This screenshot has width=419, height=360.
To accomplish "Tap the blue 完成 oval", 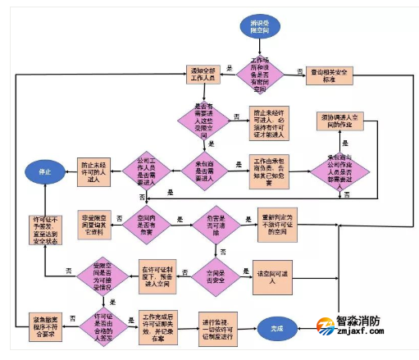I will tap(278, 328).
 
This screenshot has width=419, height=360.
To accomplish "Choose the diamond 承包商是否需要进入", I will tap(202, 168).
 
